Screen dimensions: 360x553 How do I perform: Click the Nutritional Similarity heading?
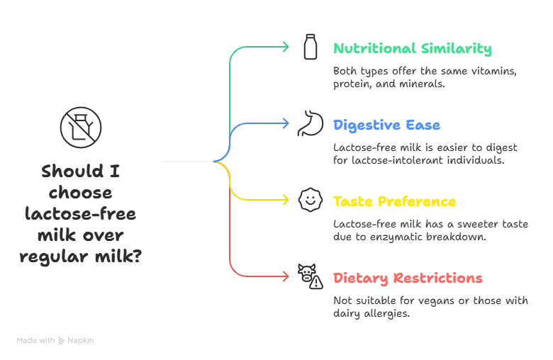pyautogui.click(x=412, y=49)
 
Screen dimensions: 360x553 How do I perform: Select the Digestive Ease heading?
pyautogui.click(x=386, y=125)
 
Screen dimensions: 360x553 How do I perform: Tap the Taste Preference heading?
pyautogui.click(x=395, y=202)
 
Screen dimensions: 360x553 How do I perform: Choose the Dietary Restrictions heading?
pyautogui.click(x=408, y=279)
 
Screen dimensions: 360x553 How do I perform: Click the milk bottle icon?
pyautogui.click(x=310, y=47)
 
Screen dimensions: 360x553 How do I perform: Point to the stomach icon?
pyautogui.click(x=310, y=123)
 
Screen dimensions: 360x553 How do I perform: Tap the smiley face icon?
pyautogui.click(x=310, y=200)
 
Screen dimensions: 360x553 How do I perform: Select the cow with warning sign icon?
pyautogui.click(x=310, y=276)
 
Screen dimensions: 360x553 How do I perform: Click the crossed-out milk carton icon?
pyautogui.click(x=80, y=128)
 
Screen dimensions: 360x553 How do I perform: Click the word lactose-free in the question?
pyautogui.click(x=80, y=214)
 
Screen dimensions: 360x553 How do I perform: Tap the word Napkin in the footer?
pyautogui.click(x=82, y=341)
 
